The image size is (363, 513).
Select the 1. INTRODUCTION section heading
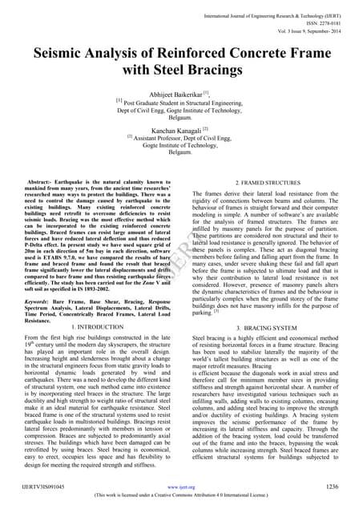tap(96, 327)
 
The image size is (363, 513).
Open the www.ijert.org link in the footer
tap(181, 487)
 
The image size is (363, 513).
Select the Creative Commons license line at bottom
tap(181, 496)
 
